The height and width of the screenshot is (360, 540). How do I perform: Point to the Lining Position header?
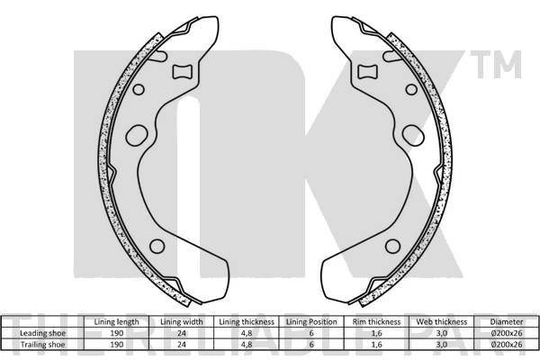[x=310, y=321]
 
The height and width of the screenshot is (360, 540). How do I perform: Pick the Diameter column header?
[x=505, y=321]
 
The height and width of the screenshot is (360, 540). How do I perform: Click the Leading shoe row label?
[x=44, y=332]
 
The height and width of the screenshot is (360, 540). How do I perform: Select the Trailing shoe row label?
[x=44, y=343]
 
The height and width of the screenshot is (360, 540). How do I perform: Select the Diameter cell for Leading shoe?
[x=505, y=332]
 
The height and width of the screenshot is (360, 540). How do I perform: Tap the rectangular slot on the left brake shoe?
[x=184, y=72]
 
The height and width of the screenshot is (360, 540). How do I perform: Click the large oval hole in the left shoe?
[x=139, y=136]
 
